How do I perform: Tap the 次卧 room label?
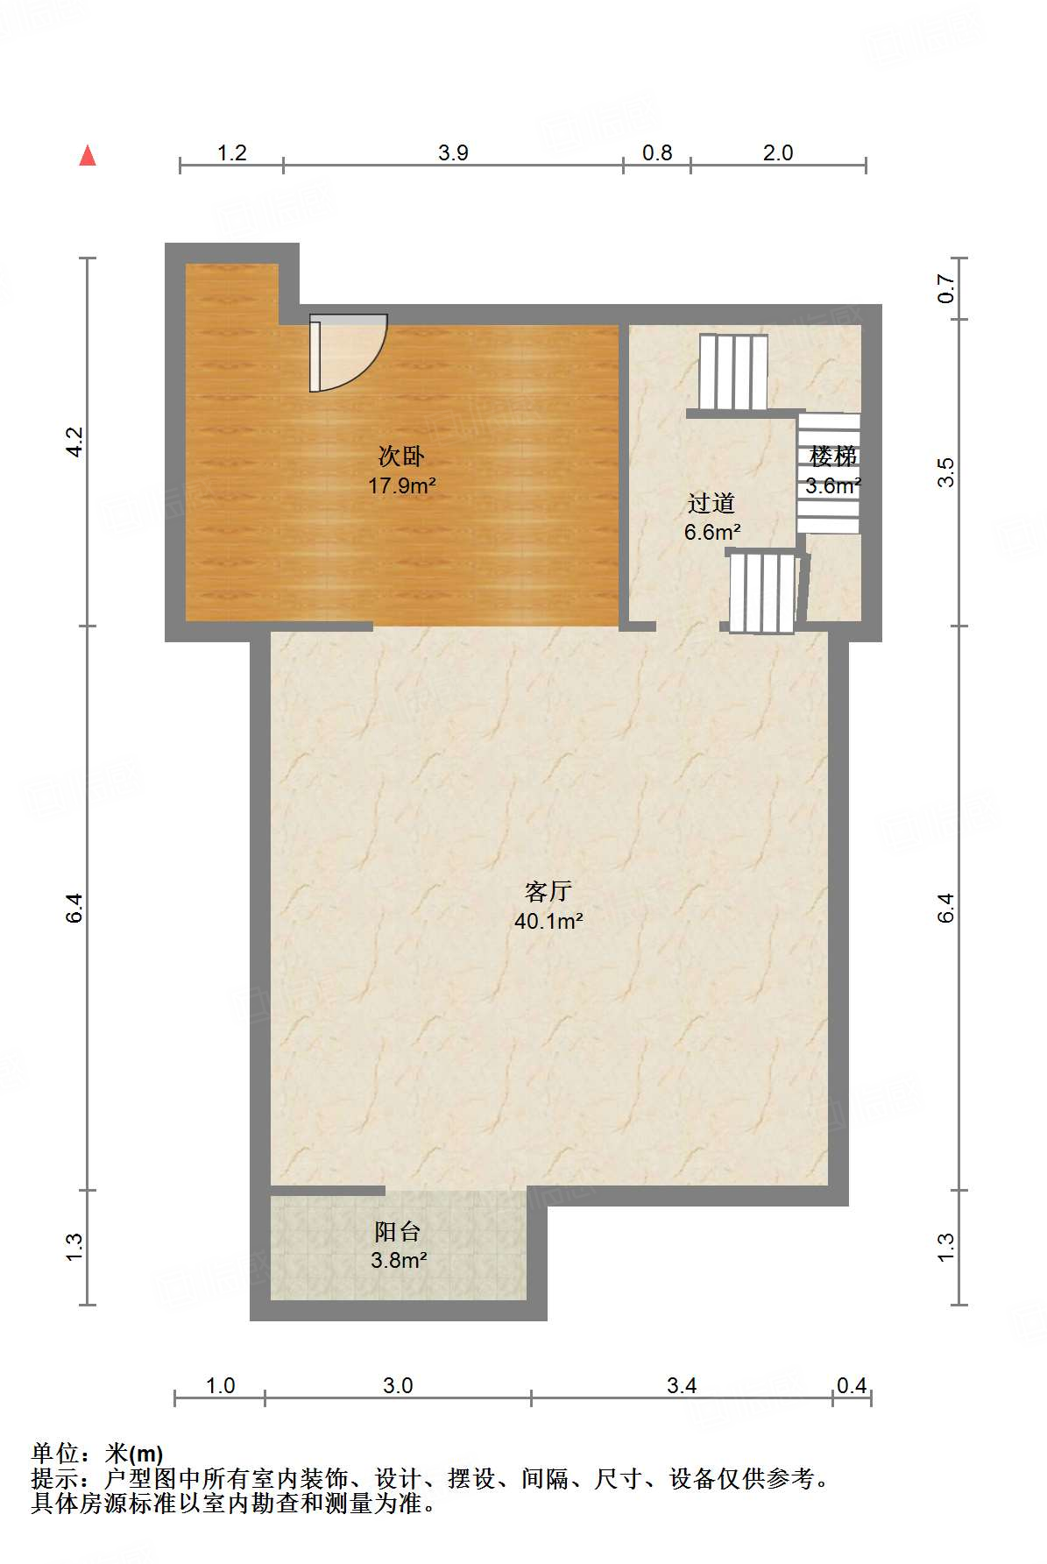pos(401,456)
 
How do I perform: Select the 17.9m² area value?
pos(402,485)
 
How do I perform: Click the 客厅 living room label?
pos(548,892)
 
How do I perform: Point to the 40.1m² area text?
pos(548,921)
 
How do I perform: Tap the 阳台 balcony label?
pos(398,1232)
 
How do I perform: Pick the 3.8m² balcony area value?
pos(399,1261)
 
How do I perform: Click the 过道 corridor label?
pos(711,503)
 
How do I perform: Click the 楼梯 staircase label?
pos(832,456)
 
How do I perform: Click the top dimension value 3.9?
pos(453,152)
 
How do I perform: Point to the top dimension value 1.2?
pos(231,152)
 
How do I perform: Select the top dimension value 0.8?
pos(657,152)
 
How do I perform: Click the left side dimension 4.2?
pos(74,441)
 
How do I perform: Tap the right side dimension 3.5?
pos(945,473)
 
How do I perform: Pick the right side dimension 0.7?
pos(945,289)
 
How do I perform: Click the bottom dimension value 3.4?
pos(682,1385)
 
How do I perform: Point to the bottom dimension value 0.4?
pos(852,1385)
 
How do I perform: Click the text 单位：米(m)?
pos(97,1454)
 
